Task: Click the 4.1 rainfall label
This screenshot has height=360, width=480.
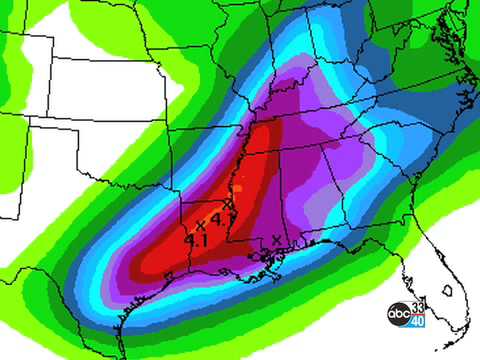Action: (x=195, y=240)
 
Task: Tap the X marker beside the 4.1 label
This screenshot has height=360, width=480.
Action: (x=200, y=222)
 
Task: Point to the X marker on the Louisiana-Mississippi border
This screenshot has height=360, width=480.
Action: (x=229, y=204)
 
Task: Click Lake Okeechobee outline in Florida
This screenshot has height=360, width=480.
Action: (x=447, y=291)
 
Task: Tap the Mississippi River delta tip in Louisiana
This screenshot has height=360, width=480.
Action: (x=270, y=270)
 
